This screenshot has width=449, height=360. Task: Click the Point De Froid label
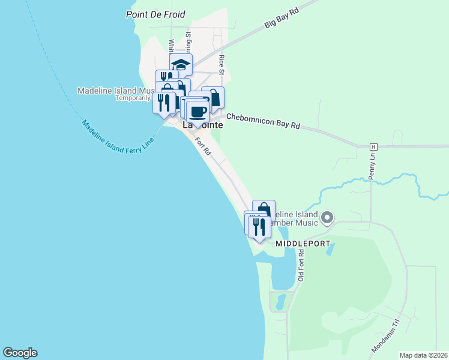coord(156,14)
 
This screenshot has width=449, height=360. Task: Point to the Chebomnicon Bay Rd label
coord(262,123)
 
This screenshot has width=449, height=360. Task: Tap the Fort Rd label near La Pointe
coord(203,147)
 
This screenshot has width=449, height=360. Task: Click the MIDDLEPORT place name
coord(303,244)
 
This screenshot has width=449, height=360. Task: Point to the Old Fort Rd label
coord(301,265)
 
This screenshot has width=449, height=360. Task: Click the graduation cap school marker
coord(181,64)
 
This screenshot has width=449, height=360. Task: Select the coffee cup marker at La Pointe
coord(197,111)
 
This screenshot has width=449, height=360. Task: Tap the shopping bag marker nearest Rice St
coord(212,97)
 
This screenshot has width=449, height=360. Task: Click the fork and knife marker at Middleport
coord(259,226)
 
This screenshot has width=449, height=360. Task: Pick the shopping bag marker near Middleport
coord(264,209)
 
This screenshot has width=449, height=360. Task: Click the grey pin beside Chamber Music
coord(327,217)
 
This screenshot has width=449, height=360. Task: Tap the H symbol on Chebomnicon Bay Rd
coord(373,146)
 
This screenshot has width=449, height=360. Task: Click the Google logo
coord(20,353)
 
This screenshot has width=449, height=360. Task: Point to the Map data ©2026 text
coord(423,355)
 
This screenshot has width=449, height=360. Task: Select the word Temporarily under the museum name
coord(133,98)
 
